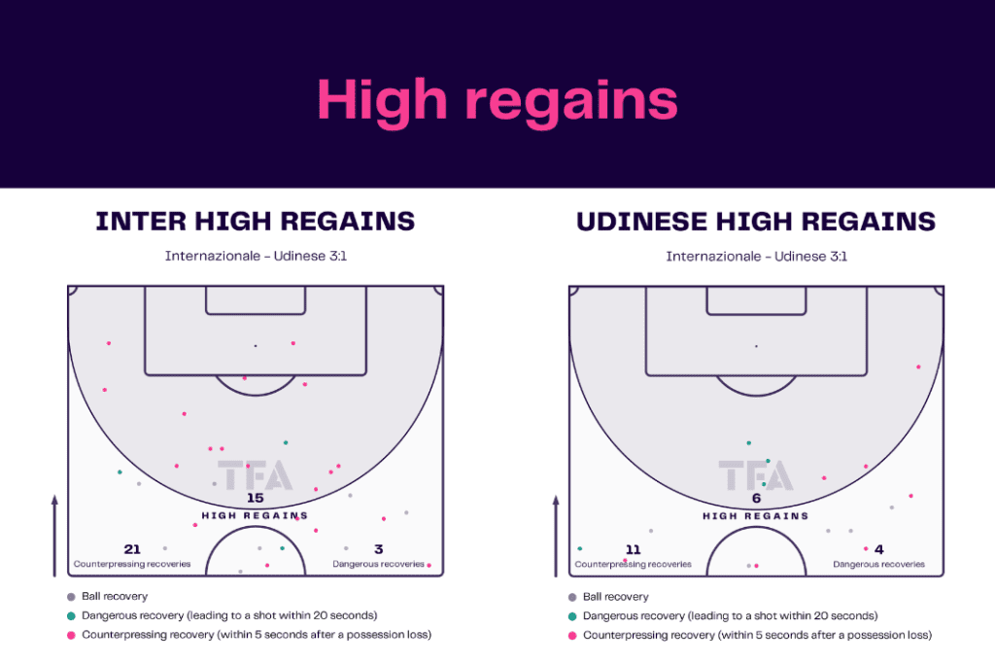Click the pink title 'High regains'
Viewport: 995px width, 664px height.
497,101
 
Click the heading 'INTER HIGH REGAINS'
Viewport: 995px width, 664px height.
256,222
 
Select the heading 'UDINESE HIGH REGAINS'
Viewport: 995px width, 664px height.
756,222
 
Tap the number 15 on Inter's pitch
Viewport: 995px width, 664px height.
256,499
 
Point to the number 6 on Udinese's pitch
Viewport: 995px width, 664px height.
756,499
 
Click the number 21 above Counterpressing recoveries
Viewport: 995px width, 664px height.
132,549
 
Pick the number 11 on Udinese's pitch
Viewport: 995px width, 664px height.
634,549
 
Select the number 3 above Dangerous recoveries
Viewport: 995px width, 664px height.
378,549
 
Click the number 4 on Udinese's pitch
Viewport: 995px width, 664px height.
878,549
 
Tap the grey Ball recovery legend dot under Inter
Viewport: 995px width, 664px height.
71,597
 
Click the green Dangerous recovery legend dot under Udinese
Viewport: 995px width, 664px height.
572,615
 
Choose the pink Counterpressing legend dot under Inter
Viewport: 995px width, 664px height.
71,635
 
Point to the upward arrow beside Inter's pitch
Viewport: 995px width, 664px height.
54,536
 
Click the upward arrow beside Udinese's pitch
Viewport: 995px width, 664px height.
556,537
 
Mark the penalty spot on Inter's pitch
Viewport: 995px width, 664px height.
256,346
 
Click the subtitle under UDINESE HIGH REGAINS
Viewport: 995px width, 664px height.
756,257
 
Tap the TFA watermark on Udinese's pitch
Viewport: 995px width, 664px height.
756,475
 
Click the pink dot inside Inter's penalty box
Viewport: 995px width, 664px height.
293,343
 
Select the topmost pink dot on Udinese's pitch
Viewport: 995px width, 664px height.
918,367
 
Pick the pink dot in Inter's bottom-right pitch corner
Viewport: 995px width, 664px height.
429,565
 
